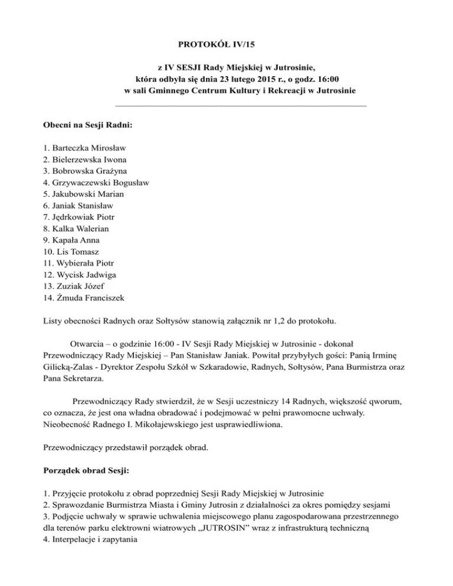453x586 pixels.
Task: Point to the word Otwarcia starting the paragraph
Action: [x=88, y=343]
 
